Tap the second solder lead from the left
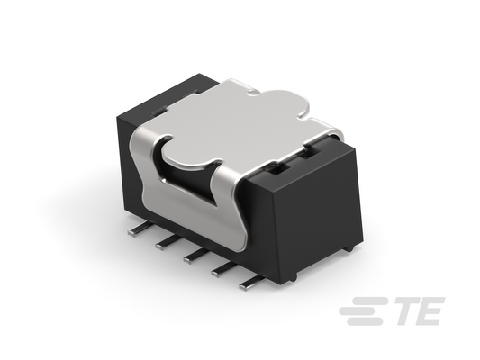point(167,243)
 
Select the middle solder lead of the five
point(195,256)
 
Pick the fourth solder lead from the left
point(222,268)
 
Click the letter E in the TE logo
point(430,310)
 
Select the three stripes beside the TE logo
point(365,310)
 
